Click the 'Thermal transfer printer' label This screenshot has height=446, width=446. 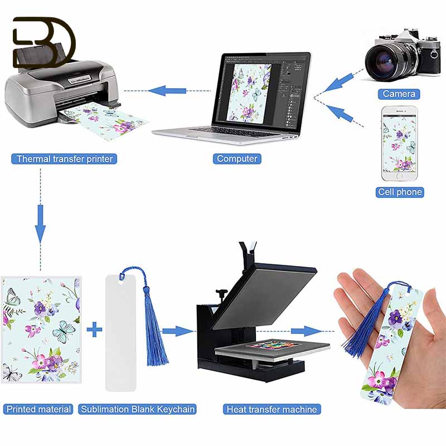[64, 159]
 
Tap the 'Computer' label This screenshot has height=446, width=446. [237, 159]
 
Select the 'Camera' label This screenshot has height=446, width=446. [399, 94]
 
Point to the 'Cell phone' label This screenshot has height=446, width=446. [400, 192]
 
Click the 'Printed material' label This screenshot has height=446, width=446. [38, 409]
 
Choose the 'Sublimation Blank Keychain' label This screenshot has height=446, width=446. [137, 409]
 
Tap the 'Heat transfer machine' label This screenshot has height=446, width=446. [272, 409]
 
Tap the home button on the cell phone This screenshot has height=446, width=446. [399, 176]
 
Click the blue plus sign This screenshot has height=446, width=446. [94, 330]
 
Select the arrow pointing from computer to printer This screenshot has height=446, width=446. [167, 91]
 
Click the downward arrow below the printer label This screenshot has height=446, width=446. [40, 224]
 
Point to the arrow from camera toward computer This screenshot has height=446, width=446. [338, 83]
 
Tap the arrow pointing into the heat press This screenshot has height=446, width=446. [177, 331]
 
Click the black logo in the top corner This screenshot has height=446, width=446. [44, 42]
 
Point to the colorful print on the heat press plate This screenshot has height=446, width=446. [273, 346]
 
